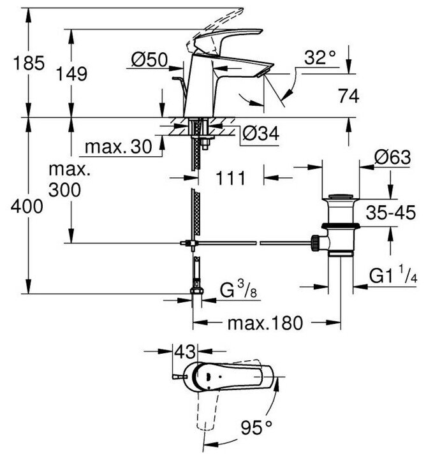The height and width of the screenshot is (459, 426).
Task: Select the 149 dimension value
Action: (x=77, y=74)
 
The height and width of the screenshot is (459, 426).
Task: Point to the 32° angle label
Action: (x=319, y=58)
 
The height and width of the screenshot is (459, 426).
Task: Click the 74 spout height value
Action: (x=348, y=96)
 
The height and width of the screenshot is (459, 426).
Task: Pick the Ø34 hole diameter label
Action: (x=260, y=133)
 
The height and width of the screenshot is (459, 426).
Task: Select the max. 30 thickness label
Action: (x=118, y=147)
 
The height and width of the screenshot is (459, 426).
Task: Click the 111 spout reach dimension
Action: (x=229, y=178)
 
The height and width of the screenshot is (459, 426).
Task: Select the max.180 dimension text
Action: (x=264, y=323)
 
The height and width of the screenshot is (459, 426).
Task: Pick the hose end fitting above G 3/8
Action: (x=197, y=294)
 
